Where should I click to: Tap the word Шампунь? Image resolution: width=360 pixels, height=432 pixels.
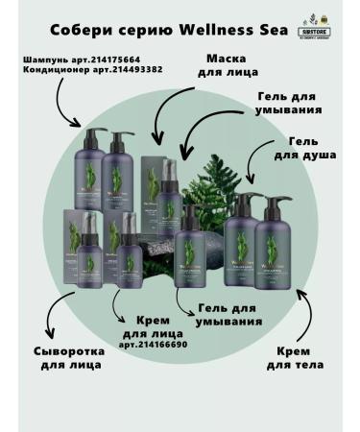pyautogui.click(x=43, y=60)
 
